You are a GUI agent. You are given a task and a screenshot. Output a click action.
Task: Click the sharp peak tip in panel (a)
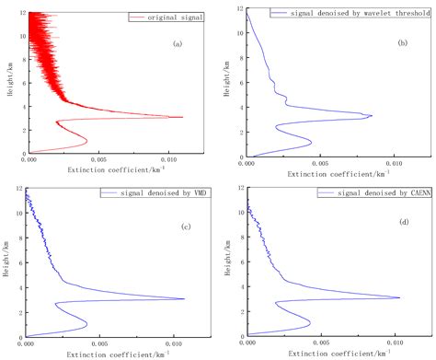click(x=182, y=117)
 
